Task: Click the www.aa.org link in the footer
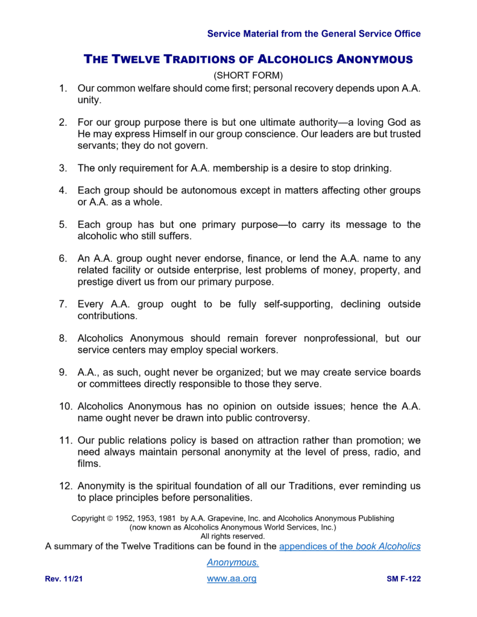pos(232,579)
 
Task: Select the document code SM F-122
pos(403,580)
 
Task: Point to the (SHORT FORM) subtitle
pos(248,75)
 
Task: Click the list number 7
pos(63,304)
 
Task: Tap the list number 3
pos(63,168)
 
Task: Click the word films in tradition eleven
pos(89,463)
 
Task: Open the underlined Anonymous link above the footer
pos(233,563)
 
